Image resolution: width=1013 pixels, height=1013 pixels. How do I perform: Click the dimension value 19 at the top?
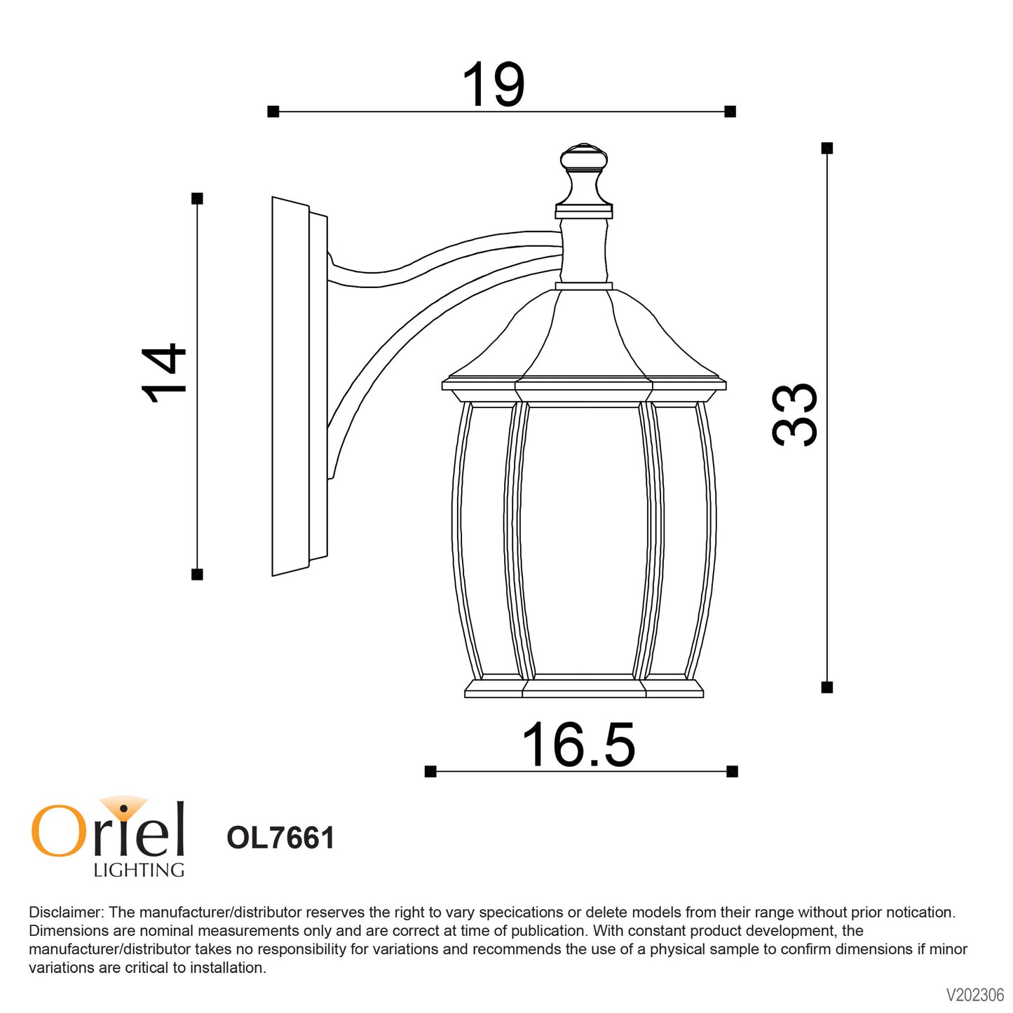pyautogui.click(x=493, y=84)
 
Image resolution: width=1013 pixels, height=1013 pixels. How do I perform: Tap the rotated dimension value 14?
pyautogui.click(x=164, y=373)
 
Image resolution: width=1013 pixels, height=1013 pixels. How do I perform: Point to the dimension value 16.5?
pyautogui.click(x=578, y=745)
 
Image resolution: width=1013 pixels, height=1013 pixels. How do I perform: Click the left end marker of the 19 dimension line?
pyautogui.click(x=273, y=111)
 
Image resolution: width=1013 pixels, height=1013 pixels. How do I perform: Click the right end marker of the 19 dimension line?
pyautogui.click(x=730, y=111)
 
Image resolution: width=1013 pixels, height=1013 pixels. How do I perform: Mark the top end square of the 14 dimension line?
pyautogui.click(x=197, y=198)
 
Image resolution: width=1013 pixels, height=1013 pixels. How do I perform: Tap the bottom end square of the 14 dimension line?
pyautogui.click(x=197, y=574)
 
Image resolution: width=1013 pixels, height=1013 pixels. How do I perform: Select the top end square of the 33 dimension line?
pyautogui.click(x=827, y=148)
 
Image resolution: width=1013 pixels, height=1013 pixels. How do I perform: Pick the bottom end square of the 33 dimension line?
pyautogui.click(x=827, y=687)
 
